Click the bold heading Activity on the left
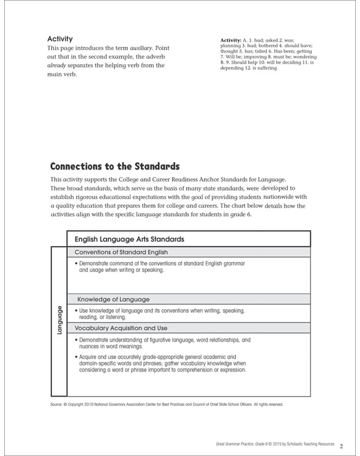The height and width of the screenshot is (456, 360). [60, 39]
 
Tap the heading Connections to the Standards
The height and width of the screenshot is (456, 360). [114, 166]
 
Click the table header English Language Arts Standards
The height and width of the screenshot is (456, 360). [129, 239]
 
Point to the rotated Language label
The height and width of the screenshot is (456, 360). [59, 319]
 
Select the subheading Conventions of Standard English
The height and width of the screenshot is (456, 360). [121, 252]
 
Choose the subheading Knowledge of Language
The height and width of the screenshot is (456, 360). [113, 299]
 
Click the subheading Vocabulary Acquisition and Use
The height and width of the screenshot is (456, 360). [121, 328]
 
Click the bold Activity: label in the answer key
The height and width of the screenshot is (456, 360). [231, 40]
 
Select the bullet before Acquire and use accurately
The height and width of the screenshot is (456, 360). [76, 356]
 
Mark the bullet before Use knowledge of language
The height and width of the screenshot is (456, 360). [76, 311]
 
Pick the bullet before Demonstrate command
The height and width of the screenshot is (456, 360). [76, 263]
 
